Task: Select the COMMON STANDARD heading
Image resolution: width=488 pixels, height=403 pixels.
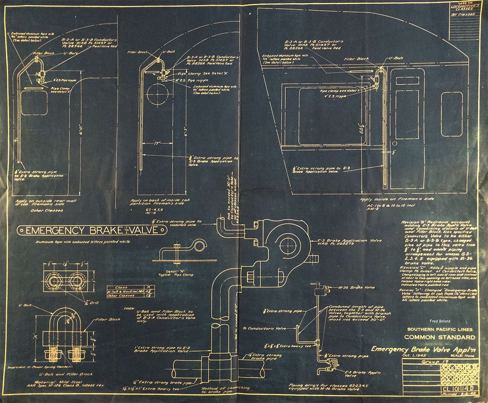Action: (440, 337)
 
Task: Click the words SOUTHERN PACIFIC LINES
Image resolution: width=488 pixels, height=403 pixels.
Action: (440, 329)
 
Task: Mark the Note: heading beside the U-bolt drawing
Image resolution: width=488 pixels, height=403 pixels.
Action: (131, 308)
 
